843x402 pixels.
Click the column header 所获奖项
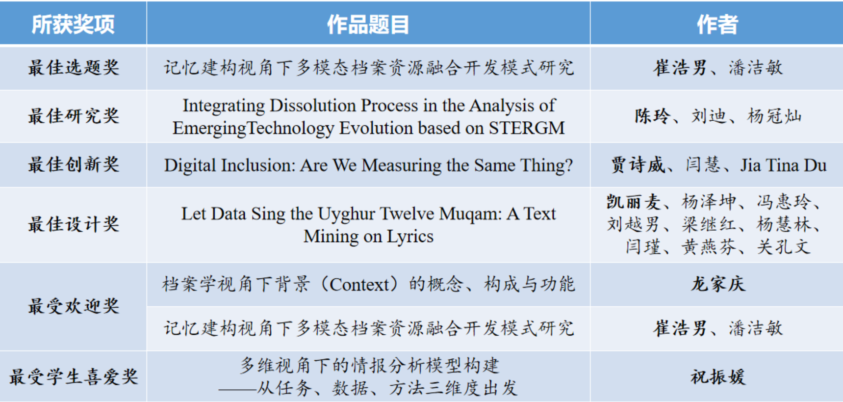[73, 24]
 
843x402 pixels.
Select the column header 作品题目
[368, 24]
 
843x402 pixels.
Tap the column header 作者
[717, 24]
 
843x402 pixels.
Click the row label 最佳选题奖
[73, 68]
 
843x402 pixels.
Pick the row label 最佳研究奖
[73, 116]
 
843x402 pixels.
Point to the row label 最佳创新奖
[73, 164]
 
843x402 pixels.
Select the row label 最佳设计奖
[73, 224]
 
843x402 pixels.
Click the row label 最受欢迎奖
[73, 306]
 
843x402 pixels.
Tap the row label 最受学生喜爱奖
[73, 377]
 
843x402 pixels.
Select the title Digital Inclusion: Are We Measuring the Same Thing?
[368, 165]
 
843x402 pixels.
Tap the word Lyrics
[410, 237]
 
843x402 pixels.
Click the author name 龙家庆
[717, 284]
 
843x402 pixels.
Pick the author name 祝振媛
[717, 377]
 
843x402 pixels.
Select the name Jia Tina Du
[783, 165]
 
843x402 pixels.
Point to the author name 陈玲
[652, 116]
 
